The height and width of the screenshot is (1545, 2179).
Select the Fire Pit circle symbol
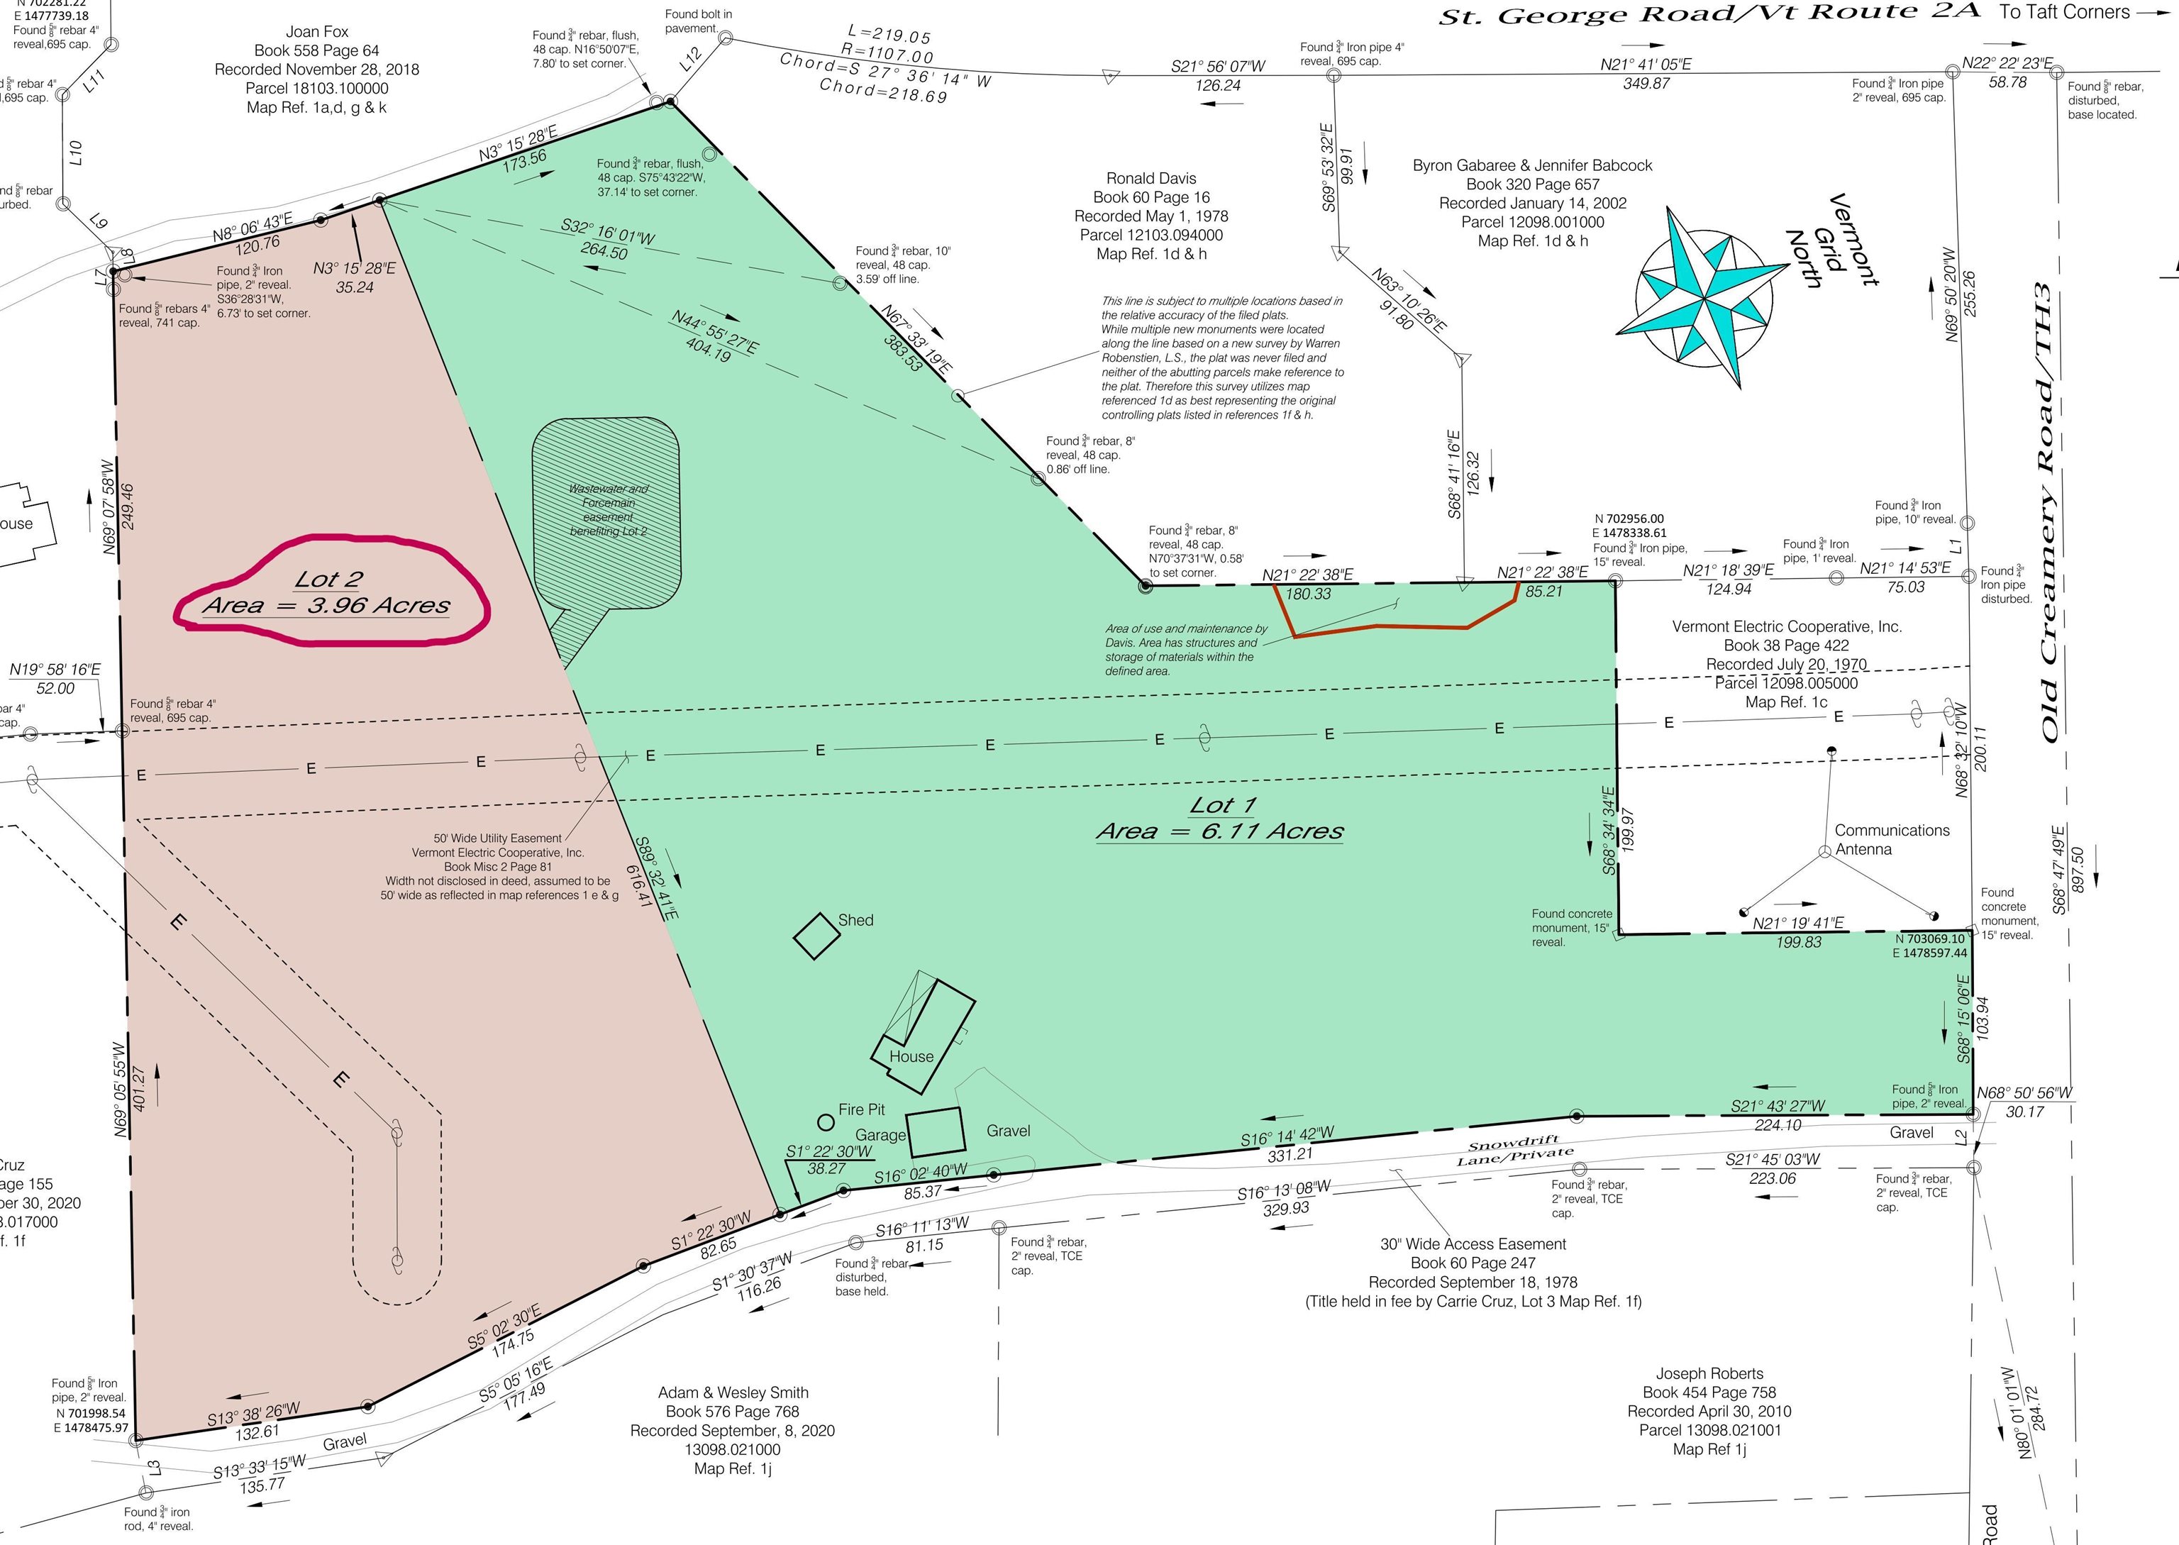(x=826, y=1124)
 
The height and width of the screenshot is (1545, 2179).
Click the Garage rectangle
(x=935, y=1132)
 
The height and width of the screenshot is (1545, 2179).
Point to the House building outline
(x=924, y=1032)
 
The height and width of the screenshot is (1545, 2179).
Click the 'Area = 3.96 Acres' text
(x=326, y=606)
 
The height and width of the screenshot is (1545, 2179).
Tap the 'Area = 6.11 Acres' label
(x=1219, y=831)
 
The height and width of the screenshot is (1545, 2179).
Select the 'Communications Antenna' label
(x=1891, y=839)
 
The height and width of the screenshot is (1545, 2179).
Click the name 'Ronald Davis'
(x=1151, y=178)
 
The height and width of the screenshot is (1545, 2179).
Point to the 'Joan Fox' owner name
(x=317, y=31)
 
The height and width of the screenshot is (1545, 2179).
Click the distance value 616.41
(x=638, y=885)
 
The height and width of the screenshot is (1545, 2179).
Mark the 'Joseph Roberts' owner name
(x=1709, y=1373)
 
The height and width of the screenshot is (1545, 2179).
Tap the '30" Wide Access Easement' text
(x=1473, y=1244)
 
